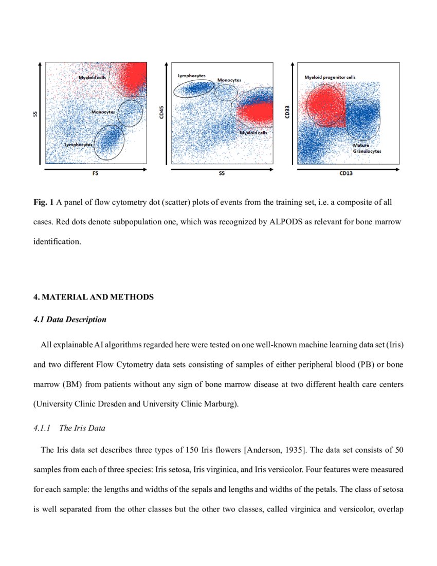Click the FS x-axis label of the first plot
(x=96, y=174)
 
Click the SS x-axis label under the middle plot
(x=222, y=174)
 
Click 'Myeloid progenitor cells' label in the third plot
(x=330, y=77)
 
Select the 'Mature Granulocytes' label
(x=367, y=149)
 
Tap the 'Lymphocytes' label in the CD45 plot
(x=191, y=76)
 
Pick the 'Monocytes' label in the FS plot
(x=103, y=112)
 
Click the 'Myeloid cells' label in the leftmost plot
(x=92, y=77)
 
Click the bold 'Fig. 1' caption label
(x=44, y=203)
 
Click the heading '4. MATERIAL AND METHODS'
(x=94, y=297)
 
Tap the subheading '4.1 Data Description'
(x=70, y=320)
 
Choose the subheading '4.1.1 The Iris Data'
(x=69, y=428)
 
